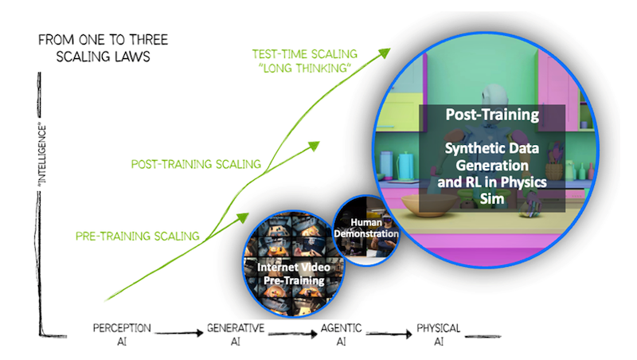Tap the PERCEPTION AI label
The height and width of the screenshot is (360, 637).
click(123, 333)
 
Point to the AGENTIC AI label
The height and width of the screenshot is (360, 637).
click(342, 333)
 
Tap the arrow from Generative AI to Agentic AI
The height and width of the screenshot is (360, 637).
click(290, 336)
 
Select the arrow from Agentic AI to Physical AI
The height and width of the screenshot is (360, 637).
click(389, 336)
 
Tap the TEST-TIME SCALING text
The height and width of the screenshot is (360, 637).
click(302, 53)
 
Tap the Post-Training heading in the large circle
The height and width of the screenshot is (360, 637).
click(491, 115)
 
